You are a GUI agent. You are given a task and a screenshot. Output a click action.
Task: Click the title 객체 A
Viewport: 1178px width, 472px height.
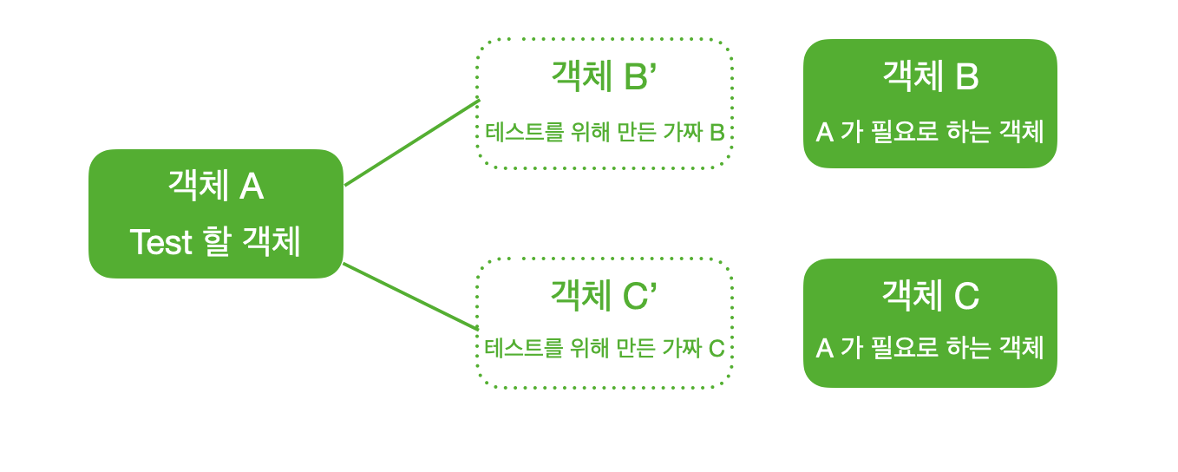click(x=215, y=187)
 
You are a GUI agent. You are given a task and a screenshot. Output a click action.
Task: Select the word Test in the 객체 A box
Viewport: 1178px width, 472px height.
click(x=160, y=242)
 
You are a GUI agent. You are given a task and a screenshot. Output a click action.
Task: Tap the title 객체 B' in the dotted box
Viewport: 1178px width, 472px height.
click(x=604, y=77)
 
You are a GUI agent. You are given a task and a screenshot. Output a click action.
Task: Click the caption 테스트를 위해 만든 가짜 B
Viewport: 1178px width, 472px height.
click(x=605, y=133)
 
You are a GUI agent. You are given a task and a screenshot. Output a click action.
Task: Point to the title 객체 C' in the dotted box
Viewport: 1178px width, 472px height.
click(x=604, y=296)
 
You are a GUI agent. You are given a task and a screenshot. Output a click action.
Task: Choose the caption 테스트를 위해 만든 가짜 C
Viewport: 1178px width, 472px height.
click(x=605, y=349)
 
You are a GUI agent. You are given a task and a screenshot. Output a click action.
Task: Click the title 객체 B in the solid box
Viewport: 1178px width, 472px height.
click(x=930, y=77)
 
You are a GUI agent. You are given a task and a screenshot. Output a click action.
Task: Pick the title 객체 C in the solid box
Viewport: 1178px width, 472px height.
click(x=930, y=296)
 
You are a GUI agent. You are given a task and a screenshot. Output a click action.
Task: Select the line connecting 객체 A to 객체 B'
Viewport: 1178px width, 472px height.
click(x=412, y=143)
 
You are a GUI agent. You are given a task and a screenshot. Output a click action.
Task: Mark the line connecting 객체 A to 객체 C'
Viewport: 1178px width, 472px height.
click(x=410, y=297)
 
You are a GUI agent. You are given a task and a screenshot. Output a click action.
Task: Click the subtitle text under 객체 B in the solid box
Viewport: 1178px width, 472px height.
click(x=930, y=132)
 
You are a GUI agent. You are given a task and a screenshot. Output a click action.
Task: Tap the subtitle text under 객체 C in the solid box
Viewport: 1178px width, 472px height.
click(x=930, y=348)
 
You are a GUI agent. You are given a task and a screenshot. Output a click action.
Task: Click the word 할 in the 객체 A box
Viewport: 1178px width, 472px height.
click(x=217, y=242)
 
